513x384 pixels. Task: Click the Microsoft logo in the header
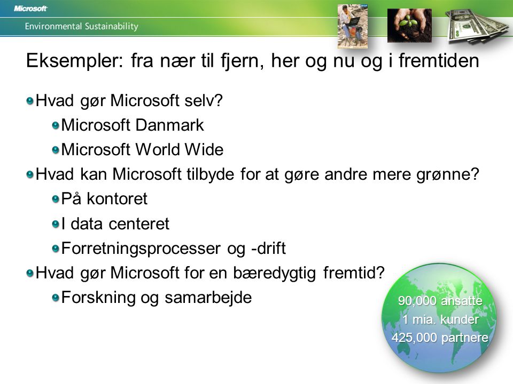click(31, 9)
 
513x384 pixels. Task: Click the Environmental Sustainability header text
click(81, 26)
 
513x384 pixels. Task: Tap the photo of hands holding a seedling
click(409, 26)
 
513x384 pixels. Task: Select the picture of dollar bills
click(477, 27)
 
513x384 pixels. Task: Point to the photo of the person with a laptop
click(353, 26)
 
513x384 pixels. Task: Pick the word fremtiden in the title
click(439, 60)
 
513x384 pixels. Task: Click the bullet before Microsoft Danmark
click(56, 125)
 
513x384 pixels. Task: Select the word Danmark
click(169, 125)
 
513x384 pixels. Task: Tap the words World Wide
click(180, 149)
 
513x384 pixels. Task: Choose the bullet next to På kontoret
click(56, 199)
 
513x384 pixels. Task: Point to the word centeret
click(139, 224)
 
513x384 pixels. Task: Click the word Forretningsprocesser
click(141, 249)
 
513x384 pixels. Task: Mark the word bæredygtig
click(275, 273)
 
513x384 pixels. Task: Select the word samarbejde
click(208, 298)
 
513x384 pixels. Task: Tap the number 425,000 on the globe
click(413, 337)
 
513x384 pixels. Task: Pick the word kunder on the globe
click(460, 319)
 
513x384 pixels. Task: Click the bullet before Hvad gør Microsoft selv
click(30, 101)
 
